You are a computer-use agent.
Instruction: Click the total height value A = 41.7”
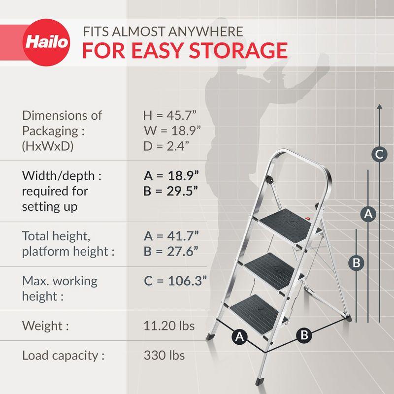point(171,235)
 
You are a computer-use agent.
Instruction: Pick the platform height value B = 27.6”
point(171,251)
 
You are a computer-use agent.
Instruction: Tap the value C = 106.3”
point(175,281)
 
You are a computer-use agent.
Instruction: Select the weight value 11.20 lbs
point(169,326)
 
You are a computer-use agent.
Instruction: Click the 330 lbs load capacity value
point(164,355)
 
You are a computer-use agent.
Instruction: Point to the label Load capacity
point(63,356)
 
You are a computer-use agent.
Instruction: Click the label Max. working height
point(60,289)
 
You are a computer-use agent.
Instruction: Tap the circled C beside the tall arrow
point(379,155)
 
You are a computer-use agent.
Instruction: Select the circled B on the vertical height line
point(357,263)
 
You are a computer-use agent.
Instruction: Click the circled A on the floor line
point(239,337)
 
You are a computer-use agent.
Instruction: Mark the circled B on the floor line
point(304,336)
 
